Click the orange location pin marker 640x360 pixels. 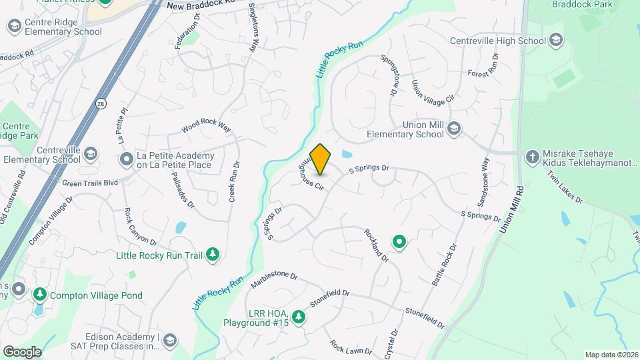point(321,159)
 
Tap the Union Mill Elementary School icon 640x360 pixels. point(454,128)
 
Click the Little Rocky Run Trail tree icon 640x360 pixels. point(213,254)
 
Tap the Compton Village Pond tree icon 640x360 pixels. point(40,294)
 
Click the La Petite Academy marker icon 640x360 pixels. point(126,159)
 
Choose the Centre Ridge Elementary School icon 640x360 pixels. point(13,26)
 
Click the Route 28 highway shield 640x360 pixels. point(100,104)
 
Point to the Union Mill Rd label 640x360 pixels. point(511,211)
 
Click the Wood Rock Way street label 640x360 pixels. point(205,127)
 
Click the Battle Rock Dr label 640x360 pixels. point(445,265)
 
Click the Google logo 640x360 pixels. point(21,351)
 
